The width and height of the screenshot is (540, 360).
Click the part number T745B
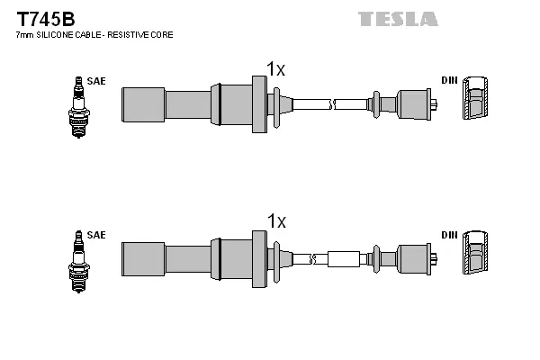pyautogui.click(x=41, y=17)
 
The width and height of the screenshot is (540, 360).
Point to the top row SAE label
pyautogui.click(x=97, y=81)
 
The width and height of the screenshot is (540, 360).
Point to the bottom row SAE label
pyautogui.click(x=97, y=235)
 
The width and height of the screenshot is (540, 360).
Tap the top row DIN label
pyautogui.click(x=449, y=81)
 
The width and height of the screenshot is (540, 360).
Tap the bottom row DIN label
pyautogui.click(x=449, y=235)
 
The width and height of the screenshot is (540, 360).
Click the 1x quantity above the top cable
pyautogui.click(x=275, y=68)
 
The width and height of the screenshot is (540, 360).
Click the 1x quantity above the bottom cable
pyautogui.click(x=275, y=221)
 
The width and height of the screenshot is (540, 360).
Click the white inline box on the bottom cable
pyautogui.click(x=343, y=259)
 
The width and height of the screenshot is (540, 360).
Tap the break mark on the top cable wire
pyautogui.click(x=334, y=103)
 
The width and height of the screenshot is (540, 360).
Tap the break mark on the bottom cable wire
pyautogui.click(x=312, y=259)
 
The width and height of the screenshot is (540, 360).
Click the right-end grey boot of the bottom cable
pyautogui.click(x=415, y=259)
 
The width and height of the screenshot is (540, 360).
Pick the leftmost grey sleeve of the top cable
pyautogui.click(x=143, y=103)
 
